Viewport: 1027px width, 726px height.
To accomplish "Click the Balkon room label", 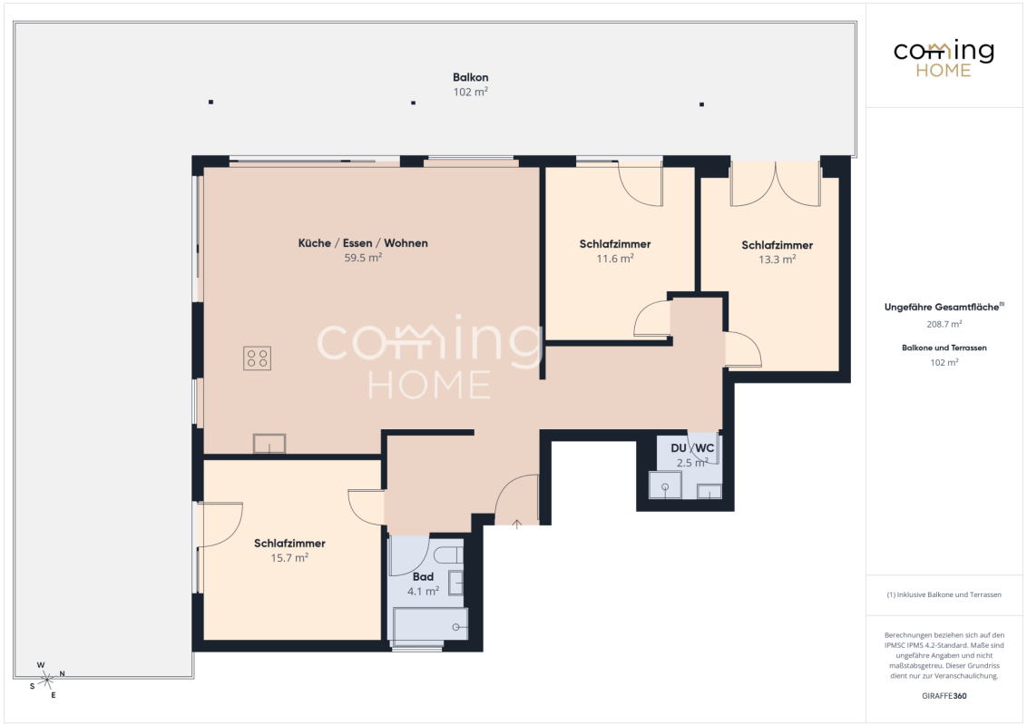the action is [470, 77].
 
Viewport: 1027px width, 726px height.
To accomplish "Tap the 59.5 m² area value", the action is [363, 258].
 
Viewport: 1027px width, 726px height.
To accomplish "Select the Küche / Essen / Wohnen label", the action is [363, 243].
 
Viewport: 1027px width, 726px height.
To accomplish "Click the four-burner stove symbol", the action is [257, 358].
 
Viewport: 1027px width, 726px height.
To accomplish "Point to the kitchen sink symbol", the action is [269, 444].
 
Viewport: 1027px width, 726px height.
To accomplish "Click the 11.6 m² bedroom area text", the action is [614, 259].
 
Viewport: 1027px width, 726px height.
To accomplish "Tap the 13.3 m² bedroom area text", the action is [777, 260].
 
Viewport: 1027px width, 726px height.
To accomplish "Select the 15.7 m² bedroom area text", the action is [289, 557].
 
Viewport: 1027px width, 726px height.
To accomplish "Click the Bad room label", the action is [423, 576].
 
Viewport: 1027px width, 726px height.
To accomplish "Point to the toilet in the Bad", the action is [448, 554].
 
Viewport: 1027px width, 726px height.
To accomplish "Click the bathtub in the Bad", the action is [430, 623].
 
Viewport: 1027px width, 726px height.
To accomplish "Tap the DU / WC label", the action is [692, 448].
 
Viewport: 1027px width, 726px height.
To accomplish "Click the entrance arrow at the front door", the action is [517, 525].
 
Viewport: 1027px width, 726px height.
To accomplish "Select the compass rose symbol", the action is [46, 680].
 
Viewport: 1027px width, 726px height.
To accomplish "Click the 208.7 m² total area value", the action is [944, 324].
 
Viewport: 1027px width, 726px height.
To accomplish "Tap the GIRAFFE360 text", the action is [944, 696].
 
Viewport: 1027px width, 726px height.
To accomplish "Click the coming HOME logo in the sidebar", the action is [944, 59].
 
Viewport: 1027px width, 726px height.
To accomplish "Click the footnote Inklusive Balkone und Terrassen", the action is [944, 595].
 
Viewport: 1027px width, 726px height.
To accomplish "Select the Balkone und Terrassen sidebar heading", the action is [944, 348].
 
